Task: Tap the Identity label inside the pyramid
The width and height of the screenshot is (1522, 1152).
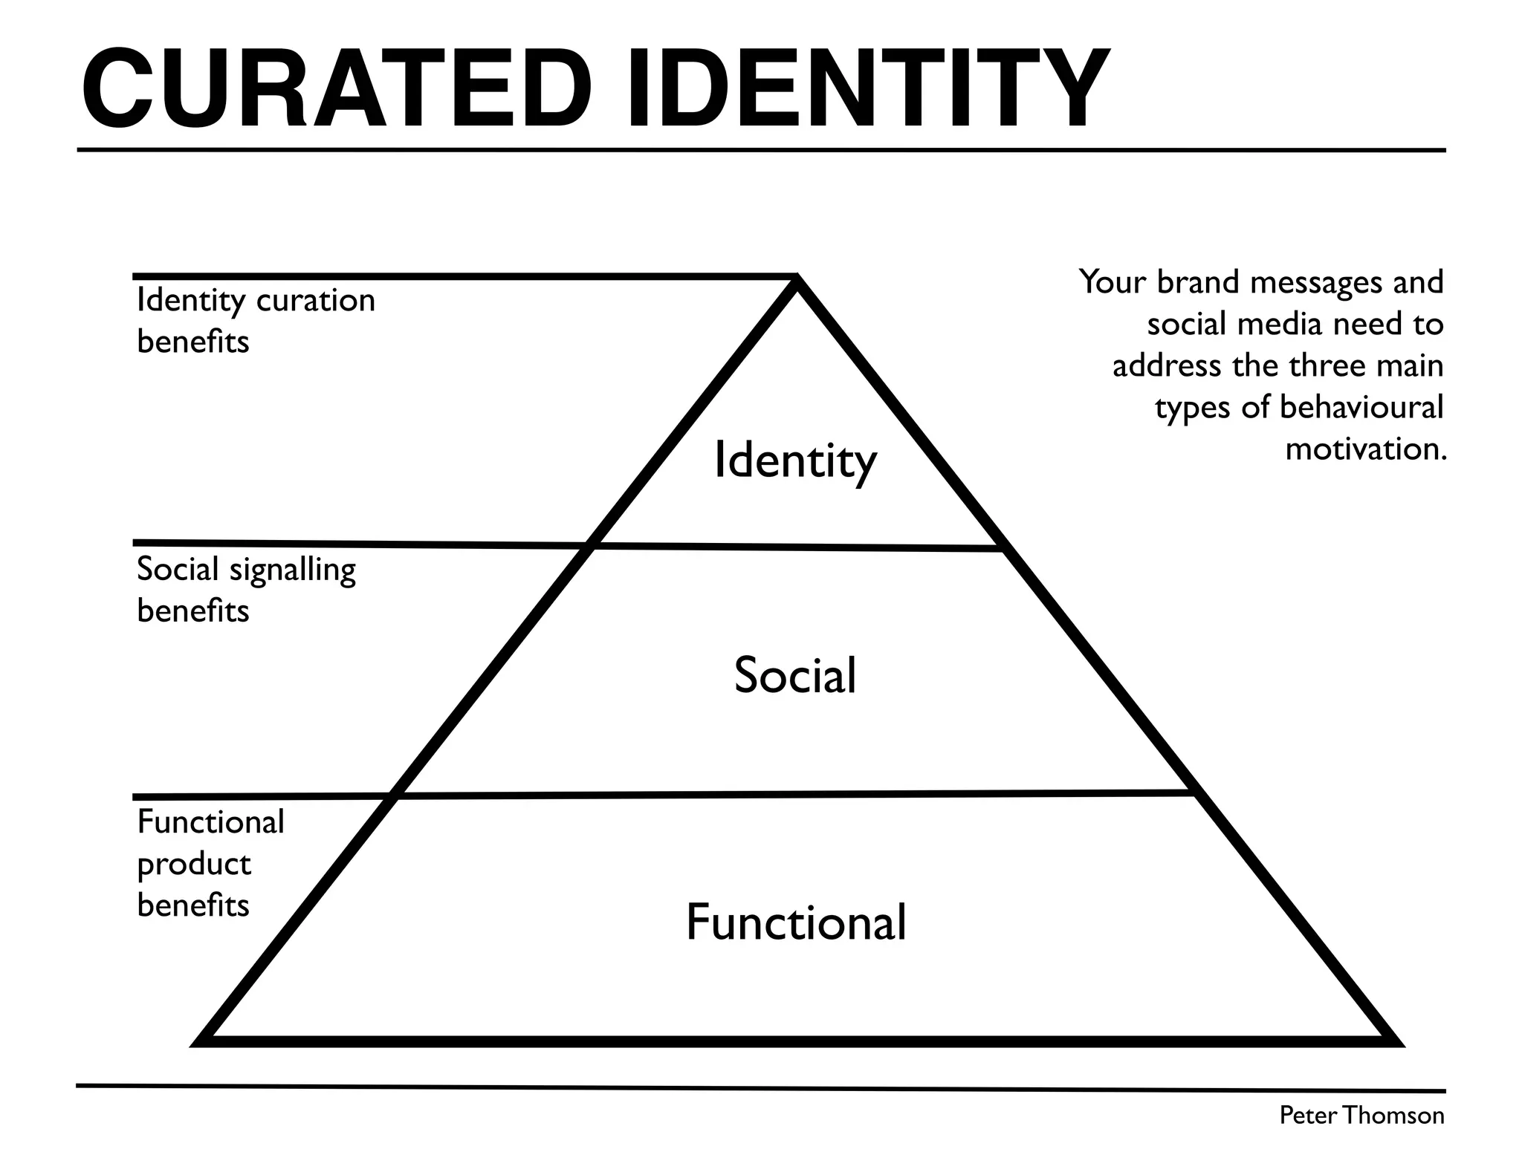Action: (795, 461)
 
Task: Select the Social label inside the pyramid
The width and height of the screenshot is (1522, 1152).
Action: (795, 675)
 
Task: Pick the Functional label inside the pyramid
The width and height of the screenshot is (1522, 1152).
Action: (795, 922)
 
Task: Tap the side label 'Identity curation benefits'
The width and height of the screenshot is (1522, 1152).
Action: (256, 321)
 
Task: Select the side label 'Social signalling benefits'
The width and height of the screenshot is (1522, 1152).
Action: (246, 590)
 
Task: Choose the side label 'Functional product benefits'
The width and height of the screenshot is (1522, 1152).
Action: (210, 864)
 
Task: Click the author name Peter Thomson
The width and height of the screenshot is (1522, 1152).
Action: (1361, 1116)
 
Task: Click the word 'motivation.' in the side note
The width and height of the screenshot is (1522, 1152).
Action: (1366, 449)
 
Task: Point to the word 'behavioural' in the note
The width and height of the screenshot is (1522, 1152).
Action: (1361, 407)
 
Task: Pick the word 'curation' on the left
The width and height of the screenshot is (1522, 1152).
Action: (315, 301)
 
